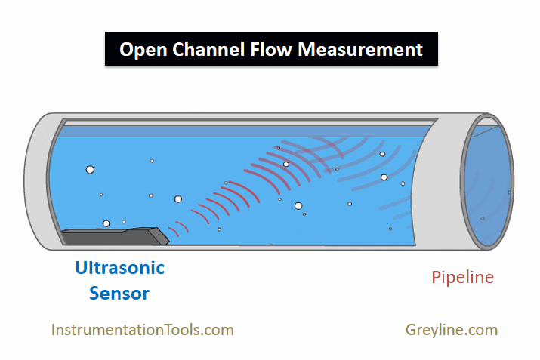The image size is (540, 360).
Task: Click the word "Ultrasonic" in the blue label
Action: coord(119,267)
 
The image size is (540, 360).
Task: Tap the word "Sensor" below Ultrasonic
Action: coord(119,293)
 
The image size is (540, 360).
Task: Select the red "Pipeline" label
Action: coord(462,278)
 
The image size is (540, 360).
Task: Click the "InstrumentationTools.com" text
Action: coord(142,330)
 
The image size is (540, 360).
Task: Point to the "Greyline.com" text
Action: coord(451,330)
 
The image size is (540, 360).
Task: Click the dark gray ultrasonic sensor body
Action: coord(106,236)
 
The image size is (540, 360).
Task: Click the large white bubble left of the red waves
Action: coord(178,199)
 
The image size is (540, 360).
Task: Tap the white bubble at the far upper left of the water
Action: coord(90,170)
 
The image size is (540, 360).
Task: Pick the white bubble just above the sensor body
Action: coord(106,223)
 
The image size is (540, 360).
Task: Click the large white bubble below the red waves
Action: coord(298,205)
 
